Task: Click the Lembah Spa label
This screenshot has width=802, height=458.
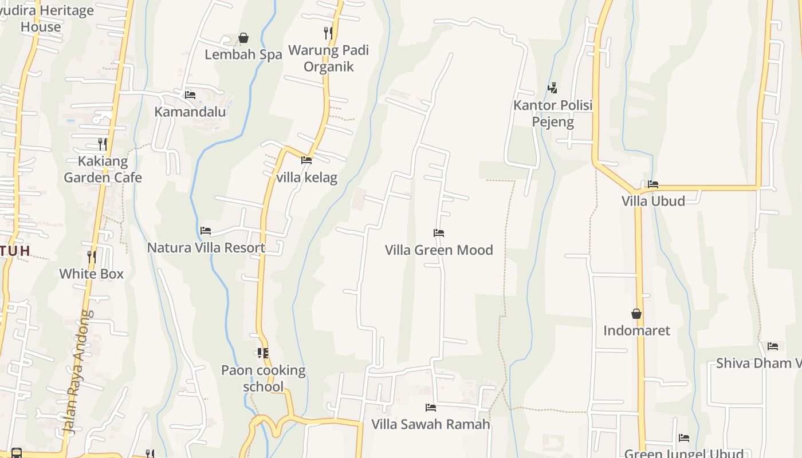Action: (x=243, y=54)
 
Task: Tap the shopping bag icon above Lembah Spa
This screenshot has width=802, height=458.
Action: (x=243, y=38)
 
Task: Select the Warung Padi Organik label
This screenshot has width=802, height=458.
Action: (x=328, y=58)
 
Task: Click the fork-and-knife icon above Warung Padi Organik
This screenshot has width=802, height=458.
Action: (x=328, y=33)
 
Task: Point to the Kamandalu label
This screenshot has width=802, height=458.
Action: (x=190, y=112)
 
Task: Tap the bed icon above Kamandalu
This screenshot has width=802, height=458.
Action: (x=190, y=95)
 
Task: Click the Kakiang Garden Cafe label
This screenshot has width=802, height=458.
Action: (x=103, y=169)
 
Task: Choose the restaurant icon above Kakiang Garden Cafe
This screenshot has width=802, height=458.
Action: (x=103, y=144)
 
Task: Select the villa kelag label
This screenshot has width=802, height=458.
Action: (x=306, y=177)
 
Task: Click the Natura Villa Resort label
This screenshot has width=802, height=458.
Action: (x=206, y=248)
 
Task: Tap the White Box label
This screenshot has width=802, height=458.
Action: (x=92, y=274)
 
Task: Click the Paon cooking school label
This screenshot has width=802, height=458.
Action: (x=263, y=378)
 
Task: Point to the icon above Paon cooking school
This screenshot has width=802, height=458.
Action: (x=263, y=353)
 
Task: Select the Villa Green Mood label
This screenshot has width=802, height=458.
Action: (x=439, y=250)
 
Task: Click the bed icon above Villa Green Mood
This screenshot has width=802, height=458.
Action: (x=439, y=233)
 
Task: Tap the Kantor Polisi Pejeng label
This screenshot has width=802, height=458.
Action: (x=553, y=113)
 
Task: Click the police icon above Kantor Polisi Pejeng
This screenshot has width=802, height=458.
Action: (x=553, y=88)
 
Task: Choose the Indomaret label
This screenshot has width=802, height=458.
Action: (x=636, y=330)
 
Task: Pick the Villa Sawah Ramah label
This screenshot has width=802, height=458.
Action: (x=431, y=424)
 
